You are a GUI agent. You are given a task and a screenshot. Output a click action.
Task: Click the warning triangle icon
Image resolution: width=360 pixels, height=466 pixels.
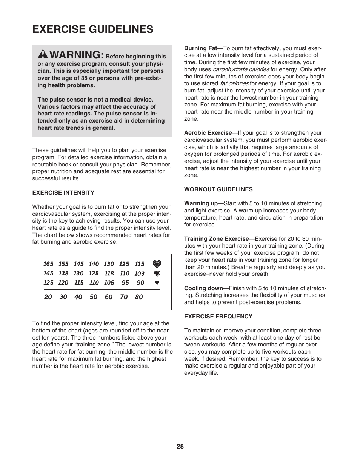point(43,55)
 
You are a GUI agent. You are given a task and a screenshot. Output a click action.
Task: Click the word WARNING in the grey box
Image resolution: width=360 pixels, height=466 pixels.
point(76,55)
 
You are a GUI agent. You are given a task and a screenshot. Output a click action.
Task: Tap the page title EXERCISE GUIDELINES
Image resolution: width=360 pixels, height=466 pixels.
point(93,29)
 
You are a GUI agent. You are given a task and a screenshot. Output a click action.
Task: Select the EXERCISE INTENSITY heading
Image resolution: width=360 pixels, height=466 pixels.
point(63,193)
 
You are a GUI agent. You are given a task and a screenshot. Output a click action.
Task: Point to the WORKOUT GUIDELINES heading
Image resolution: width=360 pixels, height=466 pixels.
point(218,189)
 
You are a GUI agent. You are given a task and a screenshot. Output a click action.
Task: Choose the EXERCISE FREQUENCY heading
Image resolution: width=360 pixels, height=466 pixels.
point(218,317)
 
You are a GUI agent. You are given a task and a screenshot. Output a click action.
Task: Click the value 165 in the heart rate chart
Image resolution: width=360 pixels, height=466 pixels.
point(48,264)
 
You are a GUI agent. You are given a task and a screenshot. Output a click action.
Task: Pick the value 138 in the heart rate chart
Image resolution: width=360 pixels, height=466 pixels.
point(63,274)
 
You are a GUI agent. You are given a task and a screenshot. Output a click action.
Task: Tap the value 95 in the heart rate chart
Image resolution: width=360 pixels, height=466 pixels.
point(125,283)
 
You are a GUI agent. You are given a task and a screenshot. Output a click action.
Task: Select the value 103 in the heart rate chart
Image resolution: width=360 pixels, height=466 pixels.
point(139,274)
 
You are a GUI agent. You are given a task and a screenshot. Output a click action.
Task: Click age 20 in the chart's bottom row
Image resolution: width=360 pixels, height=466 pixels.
point(48,297)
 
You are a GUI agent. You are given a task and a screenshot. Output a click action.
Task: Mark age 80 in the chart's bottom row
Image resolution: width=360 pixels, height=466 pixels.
point(139,297)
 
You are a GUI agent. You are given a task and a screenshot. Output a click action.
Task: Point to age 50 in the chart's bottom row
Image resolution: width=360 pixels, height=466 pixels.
point(94,297)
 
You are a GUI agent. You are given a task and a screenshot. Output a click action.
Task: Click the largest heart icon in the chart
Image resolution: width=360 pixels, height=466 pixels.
point(157,264)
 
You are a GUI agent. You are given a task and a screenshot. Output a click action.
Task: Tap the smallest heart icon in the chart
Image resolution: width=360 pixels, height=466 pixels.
point(157,283)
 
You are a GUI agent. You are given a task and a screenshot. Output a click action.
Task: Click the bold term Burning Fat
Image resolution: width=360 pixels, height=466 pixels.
point(200,48)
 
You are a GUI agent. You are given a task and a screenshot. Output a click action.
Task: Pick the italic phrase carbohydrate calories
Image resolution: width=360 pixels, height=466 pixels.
point(241,69)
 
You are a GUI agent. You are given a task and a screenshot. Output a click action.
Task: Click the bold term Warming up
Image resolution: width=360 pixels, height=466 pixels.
point(201,203)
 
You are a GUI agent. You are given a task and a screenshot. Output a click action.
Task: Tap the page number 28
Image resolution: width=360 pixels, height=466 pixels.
point(180,447)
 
